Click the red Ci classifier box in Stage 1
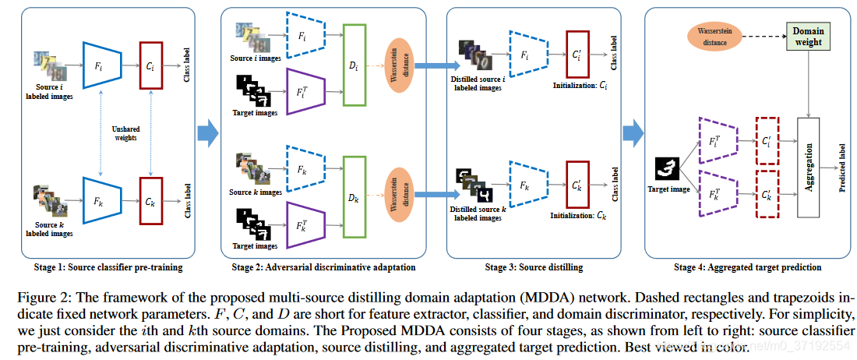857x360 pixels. [x=152, y=65]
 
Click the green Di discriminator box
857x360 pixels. [x=355, y=65]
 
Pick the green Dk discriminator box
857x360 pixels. [x=355, y=196]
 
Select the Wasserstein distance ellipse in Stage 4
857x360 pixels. [x=715, y=35]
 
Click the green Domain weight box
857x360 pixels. [x=805, y=36]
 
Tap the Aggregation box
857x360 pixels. [x=810, y=168]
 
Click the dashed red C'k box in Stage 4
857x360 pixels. [x=767, y=195]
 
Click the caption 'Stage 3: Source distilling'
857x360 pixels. [x=534, y=267]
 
